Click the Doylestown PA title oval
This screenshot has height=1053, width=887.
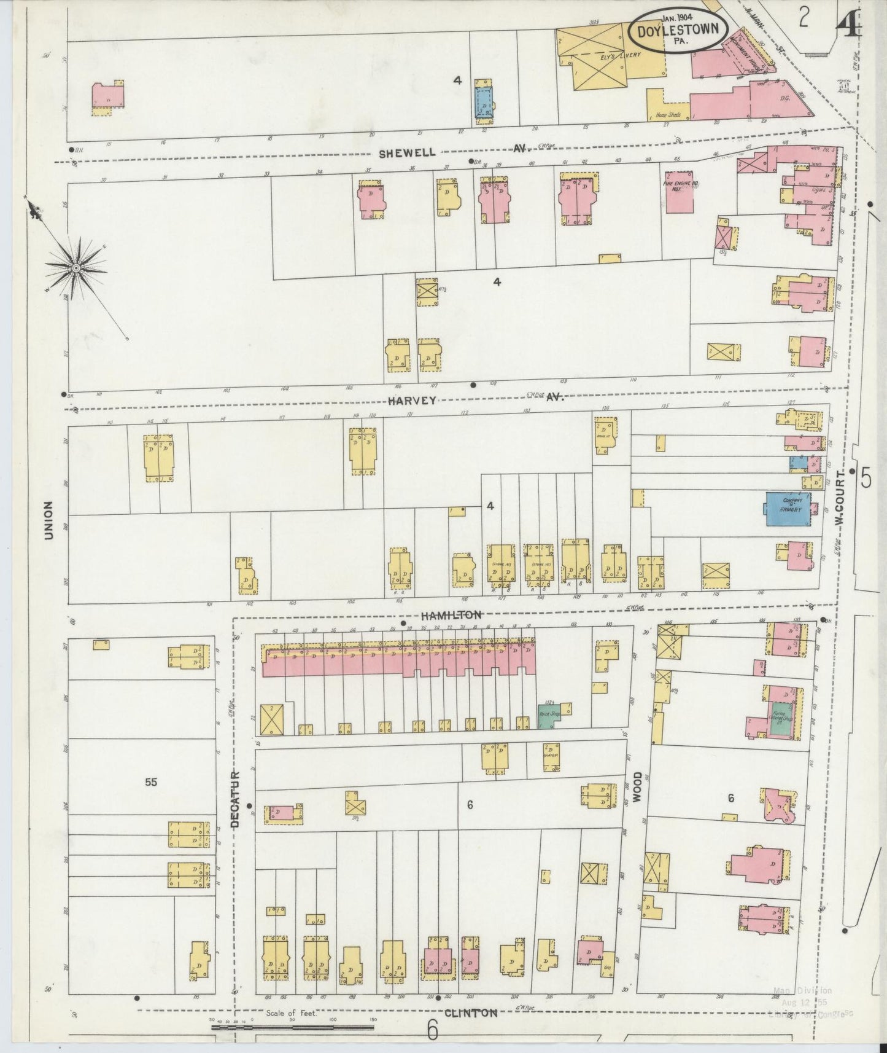click(x=679, y=30)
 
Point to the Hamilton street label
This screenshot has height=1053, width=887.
click(x=451, y=614)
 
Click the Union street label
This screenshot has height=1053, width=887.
click(x=48, y=521)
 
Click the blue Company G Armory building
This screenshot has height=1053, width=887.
click(x=787, y=509)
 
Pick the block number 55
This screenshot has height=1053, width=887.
click(x=151, y=782)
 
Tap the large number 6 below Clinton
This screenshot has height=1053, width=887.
click(x=432, y=1030)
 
